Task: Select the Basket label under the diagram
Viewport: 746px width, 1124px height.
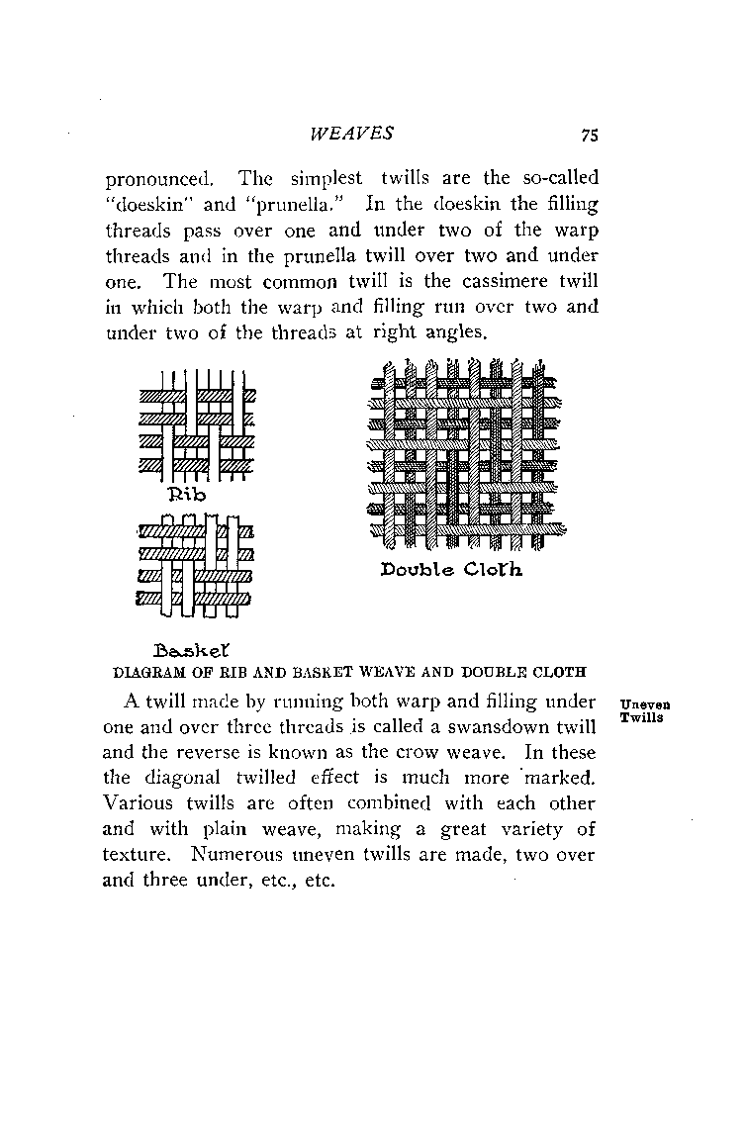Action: pyautogui.click(x=192, y=650)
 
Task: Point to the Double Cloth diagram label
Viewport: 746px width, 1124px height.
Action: pyautogui.click(x=450, y=570)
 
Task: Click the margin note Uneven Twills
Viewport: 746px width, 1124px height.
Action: pyautogui.click(x=640, y=710)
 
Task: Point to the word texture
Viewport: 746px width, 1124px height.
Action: pyautogui.click(x=134, y=855)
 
